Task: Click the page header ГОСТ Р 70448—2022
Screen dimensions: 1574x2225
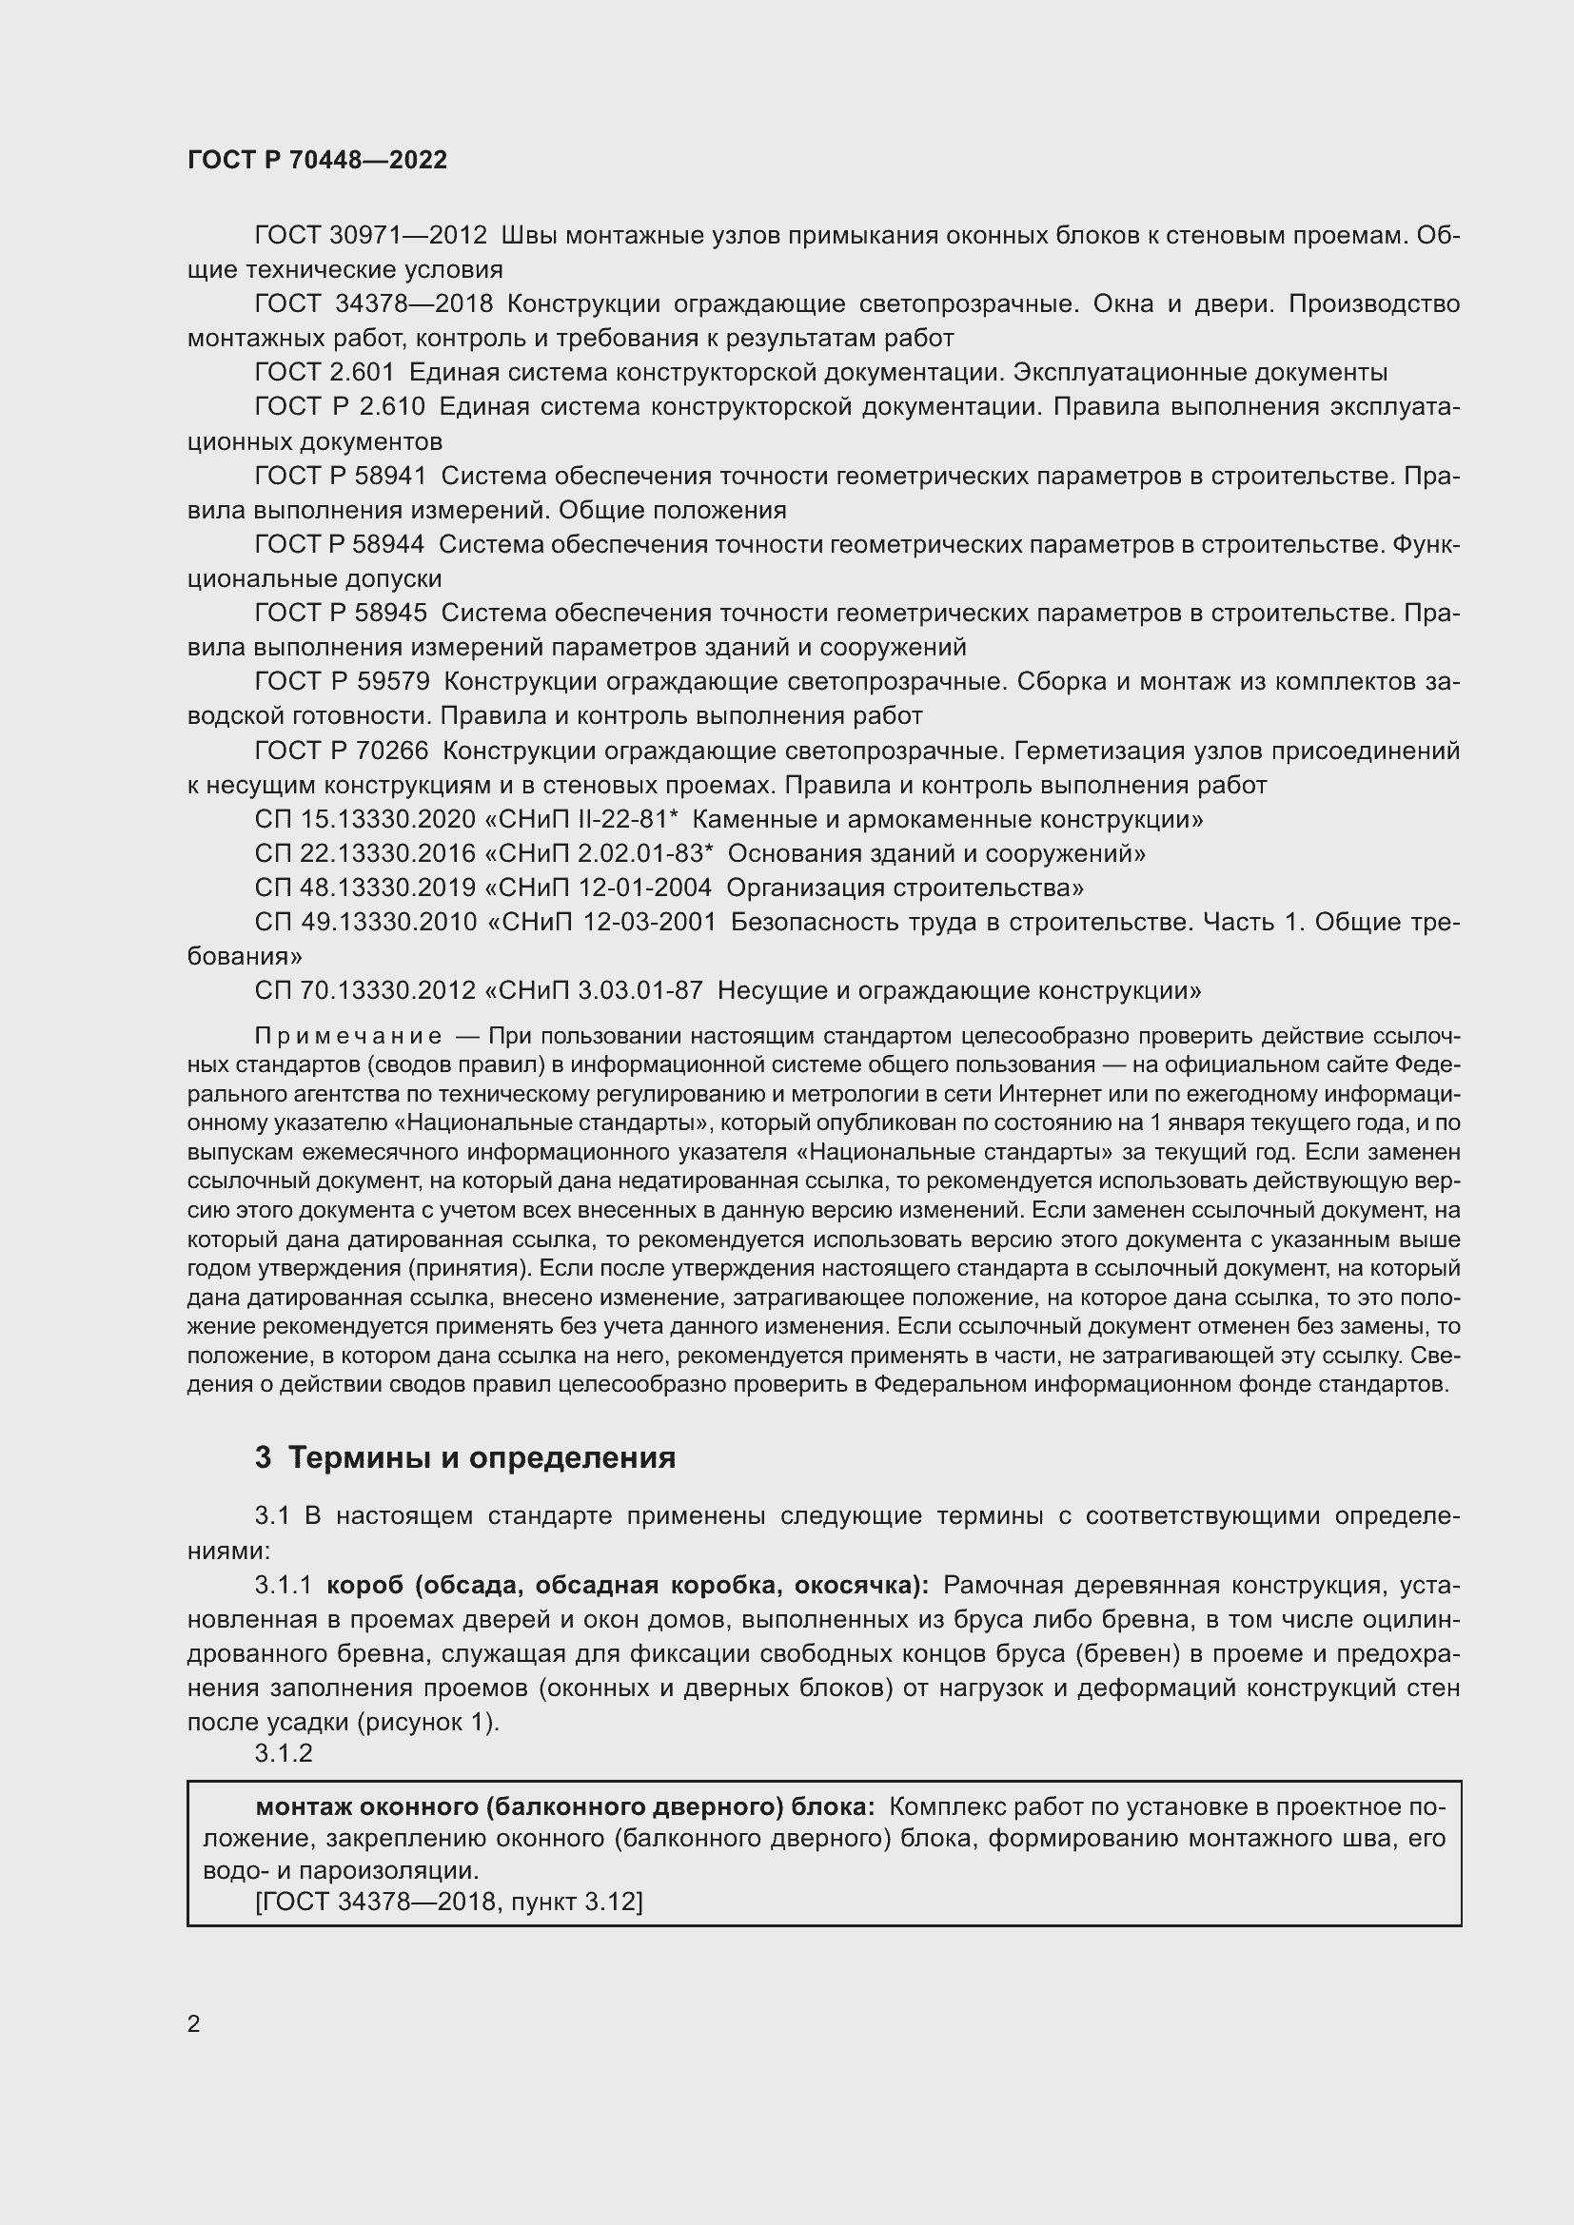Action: tap(317, 160)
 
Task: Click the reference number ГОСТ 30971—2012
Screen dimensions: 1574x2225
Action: tap(370, 236)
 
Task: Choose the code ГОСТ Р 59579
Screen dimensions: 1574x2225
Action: tap(342, 681)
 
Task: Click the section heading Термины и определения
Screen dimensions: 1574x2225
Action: tap(482, 1457)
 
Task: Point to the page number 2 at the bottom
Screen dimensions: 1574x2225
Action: tap(194, 2024)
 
